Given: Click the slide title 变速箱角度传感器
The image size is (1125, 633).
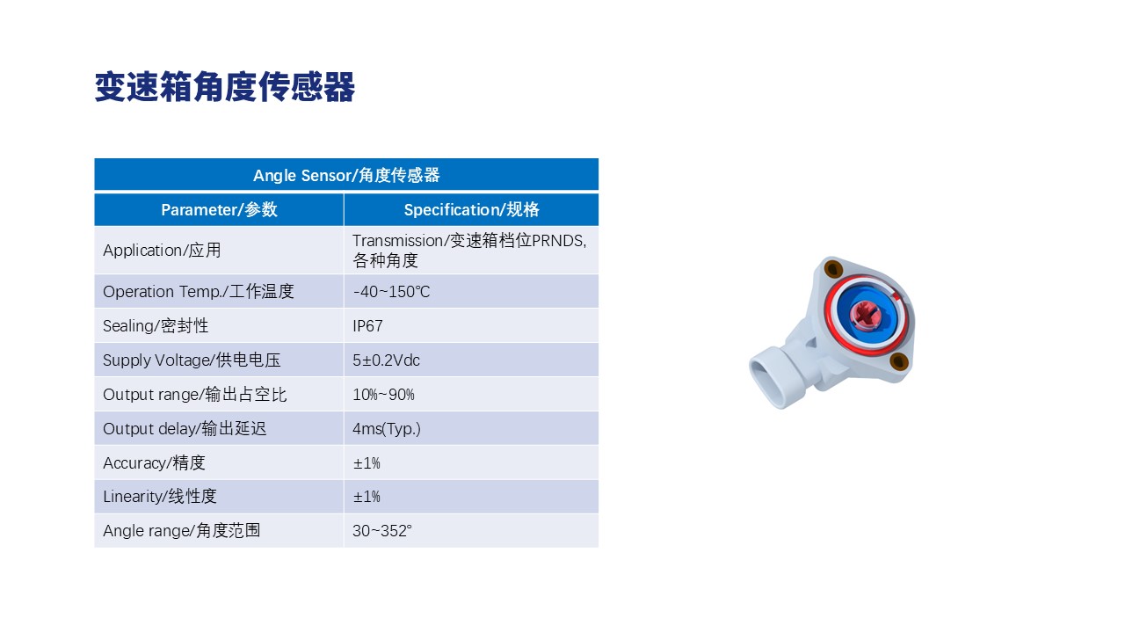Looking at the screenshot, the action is coord(224,87).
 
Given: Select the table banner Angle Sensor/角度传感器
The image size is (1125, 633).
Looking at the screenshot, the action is coord(346,175).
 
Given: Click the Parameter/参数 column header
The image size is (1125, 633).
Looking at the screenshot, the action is coord(219,209).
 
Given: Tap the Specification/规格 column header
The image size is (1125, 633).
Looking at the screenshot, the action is coord(472,209).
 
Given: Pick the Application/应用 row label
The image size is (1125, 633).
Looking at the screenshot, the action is coord(162,251).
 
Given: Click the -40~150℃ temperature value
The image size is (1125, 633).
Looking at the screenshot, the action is coord(392,291).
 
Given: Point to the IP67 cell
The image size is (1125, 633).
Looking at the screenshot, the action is coord(367,326).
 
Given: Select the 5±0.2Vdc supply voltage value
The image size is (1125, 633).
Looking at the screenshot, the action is coord(386,360).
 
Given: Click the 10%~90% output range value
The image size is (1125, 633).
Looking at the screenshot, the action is coord(384,395).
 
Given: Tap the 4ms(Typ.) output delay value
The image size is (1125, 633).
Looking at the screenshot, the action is coord(387,428).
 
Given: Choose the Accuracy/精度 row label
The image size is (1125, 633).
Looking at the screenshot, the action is coord(154,462).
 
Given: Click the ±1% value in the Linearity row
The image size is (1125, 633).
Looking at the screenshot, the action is coord(367,497).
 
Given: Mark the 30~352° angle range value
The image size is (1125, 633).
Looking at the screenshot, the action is coord(382,530).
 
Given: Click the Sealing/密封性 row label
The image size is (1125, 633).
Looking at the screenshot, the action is coord(156,326).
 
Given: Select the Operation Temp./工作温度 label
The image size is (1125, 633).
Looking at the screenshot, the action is coord(199,291).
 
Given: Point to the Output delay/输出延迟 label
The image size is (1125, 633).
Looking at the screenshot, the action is coord(185,428).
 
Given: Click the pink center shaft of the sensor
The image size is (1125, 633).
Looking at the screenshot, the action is coord(865,316).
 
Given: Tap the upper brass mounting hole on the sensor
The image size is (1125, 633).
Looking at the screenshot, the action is coord(834,268).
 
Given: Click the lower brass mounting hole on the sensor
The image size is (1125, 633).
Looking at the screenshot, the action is coord(899,361).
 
